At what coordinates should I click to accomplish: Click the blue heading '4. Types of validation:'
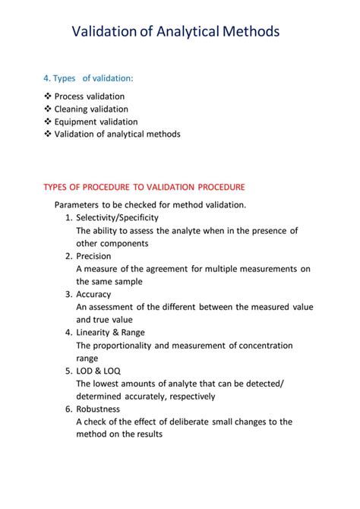coord(88,78)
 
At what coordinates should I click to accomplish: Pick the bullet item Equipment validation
coord(96,122)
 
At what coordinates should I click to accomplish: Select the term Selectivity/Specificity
coord(117,218)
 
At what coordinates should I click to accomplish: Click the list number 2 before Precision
coord(68,256)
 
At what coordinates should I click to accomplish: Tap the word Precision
coord(93,256)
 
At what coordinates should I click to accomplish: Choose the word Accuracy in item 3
coord(93,294)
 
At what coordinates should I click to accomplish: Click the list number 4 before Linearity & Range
coord(68,332)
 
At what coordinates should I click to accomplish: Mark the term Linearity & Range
coord(110,332)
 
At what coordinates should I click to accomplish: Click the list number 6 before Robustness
coord(68,409)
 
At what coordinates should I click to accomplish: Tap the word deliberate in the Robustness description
coord(197,422)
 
